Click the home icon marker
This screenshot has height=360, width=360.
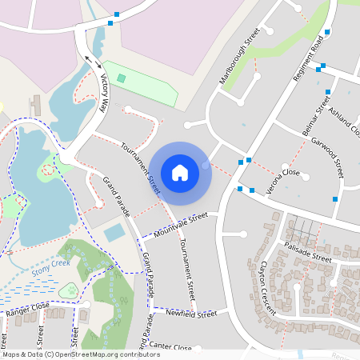(x=180, y=172)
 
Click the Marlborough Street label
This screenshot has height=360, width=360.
(x=240, y=58)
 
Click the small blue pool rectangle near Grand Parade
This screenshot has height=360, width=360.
(x=114, y=233)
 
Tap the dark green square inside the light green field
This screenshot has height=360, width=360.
(x=122, y=78)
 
